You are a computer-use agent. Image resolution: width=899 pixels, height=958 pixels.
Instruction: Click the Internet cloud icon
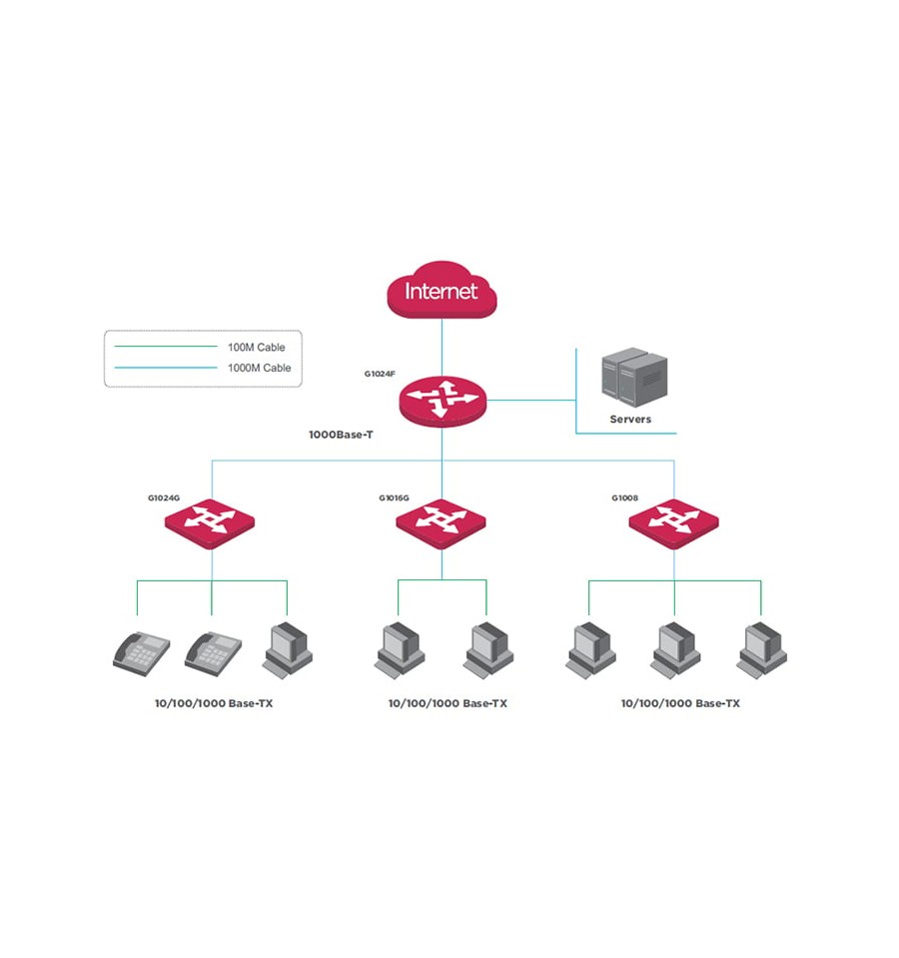[x=442, y=290]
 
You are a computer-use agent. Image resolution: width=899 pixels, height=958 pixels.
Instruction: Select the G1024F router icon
[x=443, y=402]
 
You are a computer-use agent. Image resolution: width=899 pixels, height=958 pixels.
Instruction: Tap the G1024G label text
[x=164, y=497]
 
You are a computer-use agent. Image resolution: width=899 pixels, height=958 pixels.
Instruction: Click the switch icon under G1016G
[x=441, y=524]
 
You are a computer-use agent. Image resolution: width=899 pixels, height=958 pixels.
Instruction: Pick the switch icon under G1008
[x=673, y=524]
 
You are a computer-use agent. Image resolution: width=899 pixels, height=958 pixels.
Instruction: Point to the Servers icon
[x=634, y=377]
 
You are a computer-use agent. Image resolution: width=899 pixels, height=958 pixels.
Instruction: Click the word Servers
[x=630, y=420]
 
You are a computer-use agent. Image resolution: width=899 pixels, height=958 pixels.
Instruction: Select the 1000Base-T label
[x=341, y=435]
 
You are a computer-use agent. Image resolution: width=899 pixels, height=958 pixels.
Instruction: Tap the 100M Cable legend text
[x=257, y=347]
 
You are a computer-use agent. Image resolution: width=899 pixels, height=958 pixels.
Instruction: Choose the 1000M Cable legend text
[x=260, y=368]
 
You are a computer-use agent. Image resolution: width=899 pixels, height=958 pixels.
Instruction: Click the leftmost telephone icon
[x=142, y=653]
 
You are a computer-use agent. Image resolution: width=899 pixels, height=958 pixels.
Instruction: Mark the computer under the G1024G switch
[x=288, y=650]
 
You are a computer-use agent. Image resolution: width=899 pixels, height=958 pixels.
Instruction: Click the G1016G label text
[x=394, y=497]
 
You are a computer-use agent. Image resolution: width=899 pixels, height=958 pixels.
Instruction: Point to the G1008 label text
[x=624, y=497]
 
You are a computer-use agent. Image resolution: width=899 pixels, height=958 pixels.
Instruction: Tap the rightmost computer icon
[x=761, y=650]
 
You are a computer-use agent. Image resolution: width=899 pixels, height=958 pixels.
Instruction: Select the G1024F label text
[x=380, y=374]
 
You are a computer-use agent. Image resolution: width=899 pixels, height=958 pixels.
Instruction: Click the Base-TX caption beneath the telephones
[x=214, y=703]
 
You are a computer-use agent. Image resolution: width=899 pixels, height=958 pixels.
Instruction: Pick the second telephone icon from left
[x=213, y=653]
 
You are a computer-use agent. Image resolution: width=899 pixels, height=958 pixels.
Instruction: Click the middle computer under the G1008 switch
[x=675, y=650]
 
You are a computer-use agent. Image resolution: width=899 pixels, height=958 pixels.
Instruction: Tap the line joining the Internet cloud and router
[x=443, y=347]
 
